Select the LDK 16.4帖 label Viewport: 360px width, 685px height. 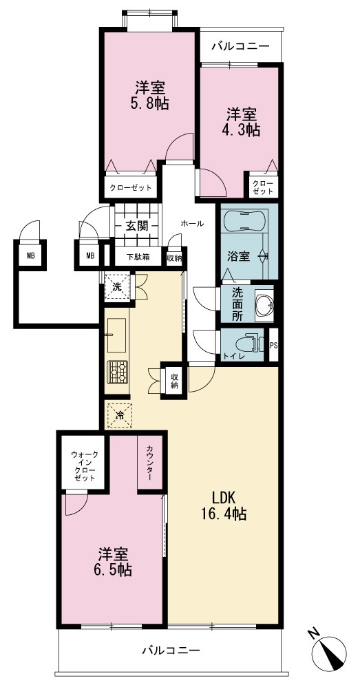coord(224,505)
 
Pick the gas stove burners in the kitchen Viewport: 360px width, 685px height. coord(117,372)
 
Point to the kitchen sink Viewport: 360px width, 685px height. coord(116,335)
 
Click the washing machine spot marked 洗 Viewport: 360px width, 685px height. coord(117,288)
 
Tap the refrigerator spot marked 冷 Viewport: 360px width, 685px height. coord(119,415)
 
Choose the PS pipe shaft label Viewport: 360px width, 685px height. coord(273,345)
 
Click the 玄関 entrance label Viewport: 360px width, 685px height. coord(136,226)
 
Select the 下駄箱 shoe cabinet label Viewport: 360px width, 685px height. coord(138,257)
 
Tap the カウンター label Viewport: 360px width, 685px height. coord(149,463)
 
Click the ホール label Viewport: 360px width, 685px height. coord(192,224)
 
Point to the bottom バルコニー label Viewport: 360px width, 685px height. coord(171,650)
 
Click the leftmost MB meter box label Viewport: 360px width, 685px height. coord(30,256)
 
